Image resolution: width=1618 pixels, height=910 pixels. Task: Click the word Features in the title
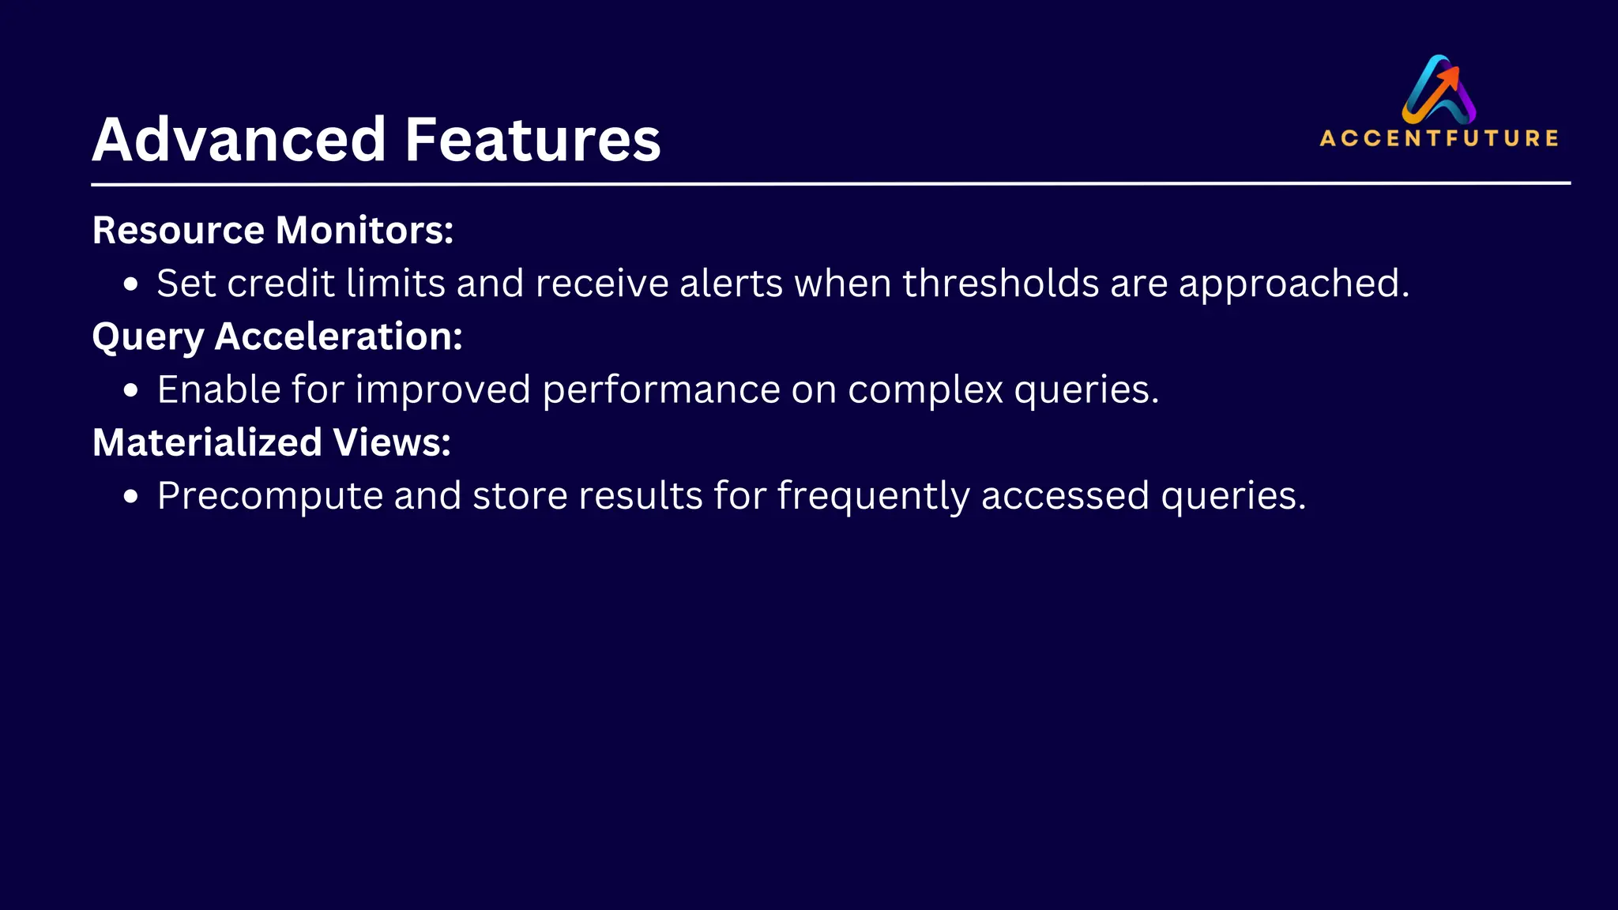[532, 140]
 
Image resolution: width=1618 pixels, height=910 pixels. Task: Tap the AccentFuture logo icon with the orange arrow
[1439, 88]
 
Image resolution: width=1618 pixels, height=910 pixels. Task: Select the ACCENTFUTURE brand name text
[1439, 138]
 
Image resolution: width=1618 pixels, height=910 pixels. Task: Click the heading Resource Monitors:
[273, 231]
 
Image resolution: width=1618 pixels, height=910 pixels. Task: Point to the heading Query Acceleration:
[277, 337]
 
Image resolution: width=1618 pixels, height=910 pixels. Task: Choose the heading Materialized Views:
[271, 442]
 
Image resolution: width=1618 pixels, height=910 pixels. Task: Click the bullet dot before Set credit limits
[131, 284]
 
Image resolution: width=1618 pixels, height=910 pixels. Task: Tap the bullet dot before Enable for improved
[131, 390]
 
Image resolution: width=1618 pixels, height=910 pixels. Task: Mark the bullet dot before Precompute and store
[131, 497]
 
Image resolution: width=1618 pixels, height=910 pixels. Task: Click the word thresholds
[1000, 283]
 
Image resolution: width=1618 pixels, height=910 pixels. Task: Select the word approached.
[1293, 284]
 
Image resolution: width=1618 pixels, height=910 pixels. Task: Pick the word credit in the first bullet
[280, 283]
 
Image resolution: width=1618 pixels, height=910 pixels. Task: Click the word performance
[660, 390]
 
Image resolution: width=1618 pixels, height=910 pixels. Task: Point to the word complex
[925, 390]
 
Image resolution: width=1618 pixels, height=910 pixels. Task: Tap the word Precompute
[269, 497]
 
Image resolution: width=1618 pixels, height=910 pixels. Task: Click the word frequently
[873, 497]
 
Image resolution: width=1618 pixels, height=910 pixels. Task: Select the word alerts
[731, 283]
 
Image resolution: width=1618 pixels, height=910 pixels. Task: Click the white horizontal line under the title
[830, 183]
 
